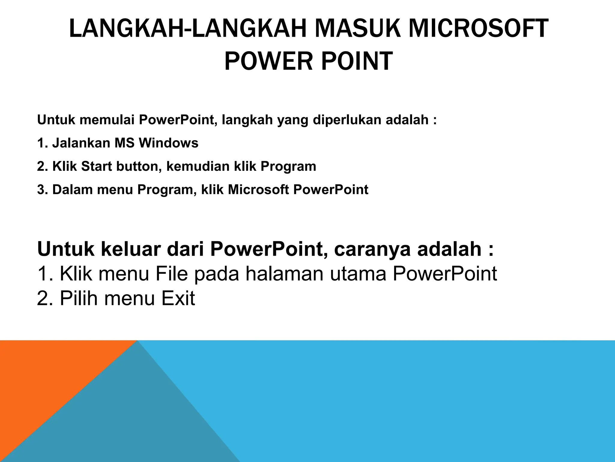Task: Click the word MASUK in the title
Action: coord(354,29)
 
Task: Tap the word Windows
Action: coord(168,143)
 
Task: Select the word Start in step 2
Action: coord(96,166)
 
